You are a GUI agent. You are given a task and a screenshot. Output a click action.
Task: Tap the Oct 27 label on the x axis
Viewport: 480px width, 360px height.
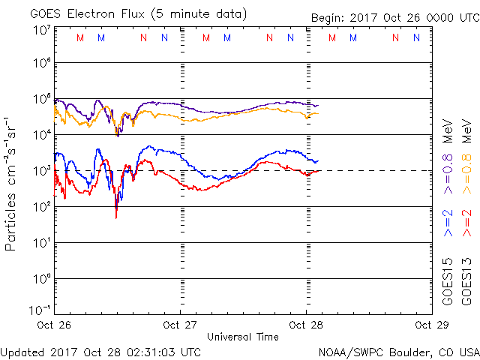180,325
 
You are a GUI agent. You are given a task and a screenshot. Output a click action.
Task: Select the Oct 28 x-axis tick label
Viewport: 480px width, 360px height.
305,325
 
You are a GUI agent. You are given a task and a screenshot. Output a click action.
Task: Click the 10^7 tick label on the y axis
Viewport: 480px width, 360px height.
41,31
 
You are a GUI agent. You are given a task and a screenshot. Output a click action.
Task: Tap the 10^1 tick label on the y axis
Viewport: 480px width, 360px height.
41,242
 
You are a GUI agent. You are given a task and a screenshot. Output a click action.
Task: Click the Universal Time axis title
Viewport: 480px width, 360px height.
243,337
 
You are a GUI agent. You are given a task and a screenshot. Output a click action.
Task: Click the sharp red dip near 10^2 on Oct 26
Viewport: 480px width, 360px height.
116,215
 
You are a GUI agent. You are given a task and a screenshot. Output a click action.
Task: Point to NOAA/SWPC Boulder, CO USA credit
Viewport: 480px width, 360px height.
397,352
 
